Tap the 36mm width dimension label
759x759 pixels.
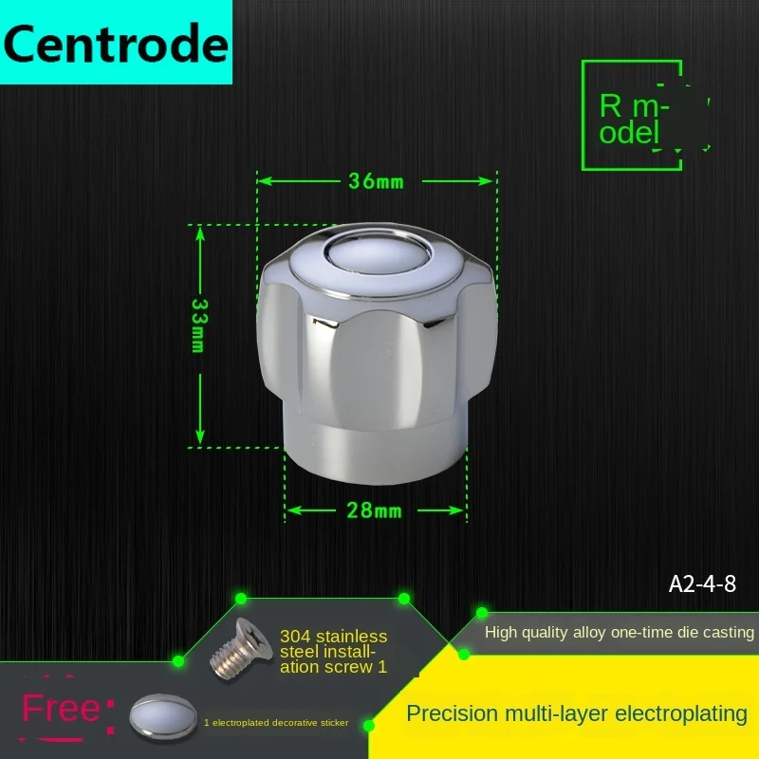pyautogui.click(x=376, y=180)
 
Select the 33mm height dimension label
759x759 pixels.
pyautogui.click(x=199, y=325)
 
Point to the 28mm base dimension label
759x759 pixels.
pyautogui.click(x=376, y=510)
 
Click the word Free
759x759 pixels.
pyautogui.click(x=61, y=709)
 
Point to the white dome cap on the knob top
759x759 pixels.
pyautogui.click(x=376, y=252)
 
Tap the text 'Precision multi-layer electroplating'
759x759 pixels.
pyautogui.click(x=577, y=713)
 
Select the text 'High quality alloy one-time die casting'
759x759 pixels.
pyautogui.click(x=620, y=632)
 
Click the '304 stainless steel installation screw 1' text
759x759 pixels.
pyautogui.click(x=334, y=651)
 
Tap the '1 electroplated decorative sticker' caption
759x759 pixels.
pyautogui.click(x=276, y=723)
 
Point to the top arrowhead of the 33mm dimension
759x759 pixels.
pyautogui.click(x=199, y=232)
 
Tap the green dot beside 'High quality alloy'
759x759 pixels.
pyautogui.click(x=482, y=613)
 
